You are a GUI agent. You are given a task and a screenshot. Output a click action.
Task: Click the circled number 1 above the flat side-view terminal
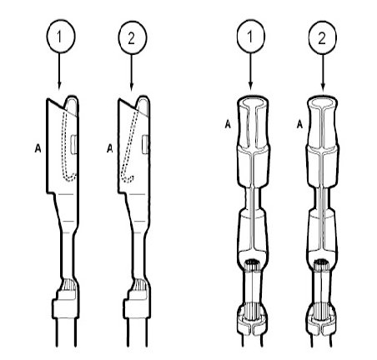(61, 37)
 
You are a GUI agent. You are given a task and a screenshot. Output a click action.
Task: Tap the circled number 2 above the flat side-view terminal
(133, 37)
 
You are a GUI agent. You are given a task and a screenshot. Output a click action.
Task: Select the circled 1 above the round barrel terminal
(251, 37)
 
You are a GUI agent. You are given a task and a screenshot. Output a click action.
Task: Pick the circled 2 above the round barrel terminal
(322, 37)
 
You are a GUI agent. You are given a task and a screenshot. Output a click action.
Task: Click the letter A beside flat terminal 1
(38, 148)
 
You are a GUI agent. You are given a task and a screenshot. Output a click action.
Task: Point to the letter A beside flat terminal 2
(110, 148)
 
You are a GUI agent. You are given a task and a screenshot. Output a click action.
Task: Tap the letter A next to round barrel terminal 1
(228, 124)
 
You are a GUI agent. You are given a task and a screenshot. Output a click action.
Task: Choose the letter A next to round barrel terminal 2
(299, 124)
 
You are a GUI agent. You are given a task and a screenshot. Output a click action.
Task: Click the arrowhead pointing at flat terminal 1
(59, 86)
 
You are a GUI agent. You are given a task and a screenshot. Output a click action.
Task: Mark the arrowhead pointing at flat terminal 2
(132, 86)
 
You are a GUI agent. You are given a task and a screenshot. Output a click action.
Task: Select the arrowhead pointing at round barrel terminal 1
(251, 86)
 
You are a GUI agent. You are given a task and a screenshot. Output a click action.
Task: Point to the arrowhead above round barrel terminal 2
(323, 86)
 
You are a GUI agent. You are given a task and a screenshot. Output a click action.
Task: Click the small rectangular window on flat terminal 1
(73, 144)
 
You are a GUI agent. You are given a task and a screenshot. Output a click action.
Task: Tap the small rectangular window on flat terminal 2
(145, 144)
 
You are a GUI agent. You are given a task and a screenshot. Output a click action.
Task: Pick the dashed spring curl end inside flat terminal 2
(128, 178)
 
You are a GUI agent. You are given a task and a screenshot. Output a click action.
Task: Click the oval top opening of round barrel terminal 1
(253, 102)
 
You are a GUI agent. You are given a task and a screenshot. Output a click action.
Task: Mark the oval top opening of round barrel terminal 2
(323, 102)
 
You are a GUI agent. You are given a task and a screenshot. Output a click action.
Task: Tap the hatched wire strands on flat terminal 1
(68, 285)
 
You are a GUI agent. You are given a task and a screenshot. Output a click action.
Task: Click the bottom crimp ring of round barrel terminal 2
(322, 323)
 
